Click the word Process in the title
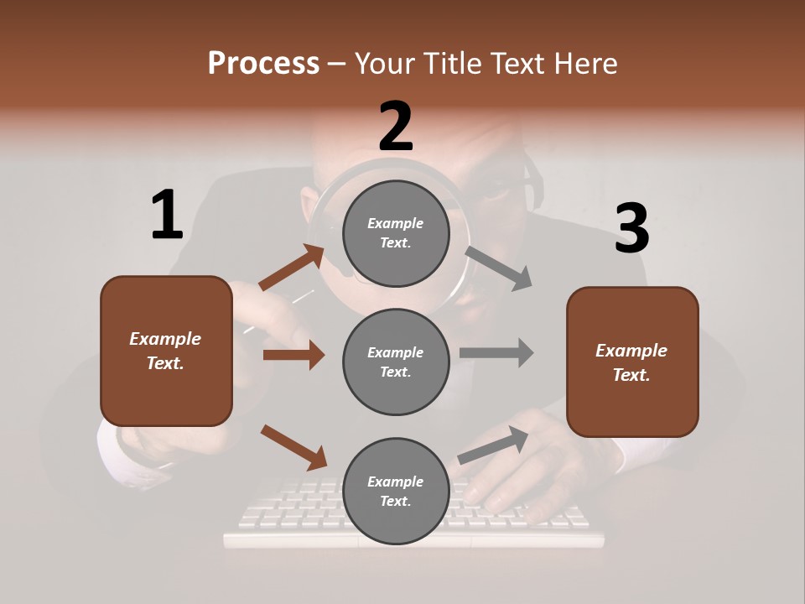(263, 63)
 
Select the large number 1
(167, 215)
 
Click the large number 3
(631, 228)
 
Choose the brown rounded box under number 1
(166, 351)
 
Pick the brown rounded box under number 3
(632, 362)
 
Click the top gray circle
(396, 233)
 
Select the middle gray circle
(396, 362)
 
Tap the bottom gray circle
(396, 491)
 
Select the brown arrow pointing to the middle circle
(293, 355)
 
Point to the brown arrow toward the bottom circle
(293, 447)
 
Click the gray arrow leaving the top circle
(499, 268)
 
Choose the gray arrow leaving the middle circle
(496, 352)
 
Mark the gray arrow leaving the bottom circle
(493, 445)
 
